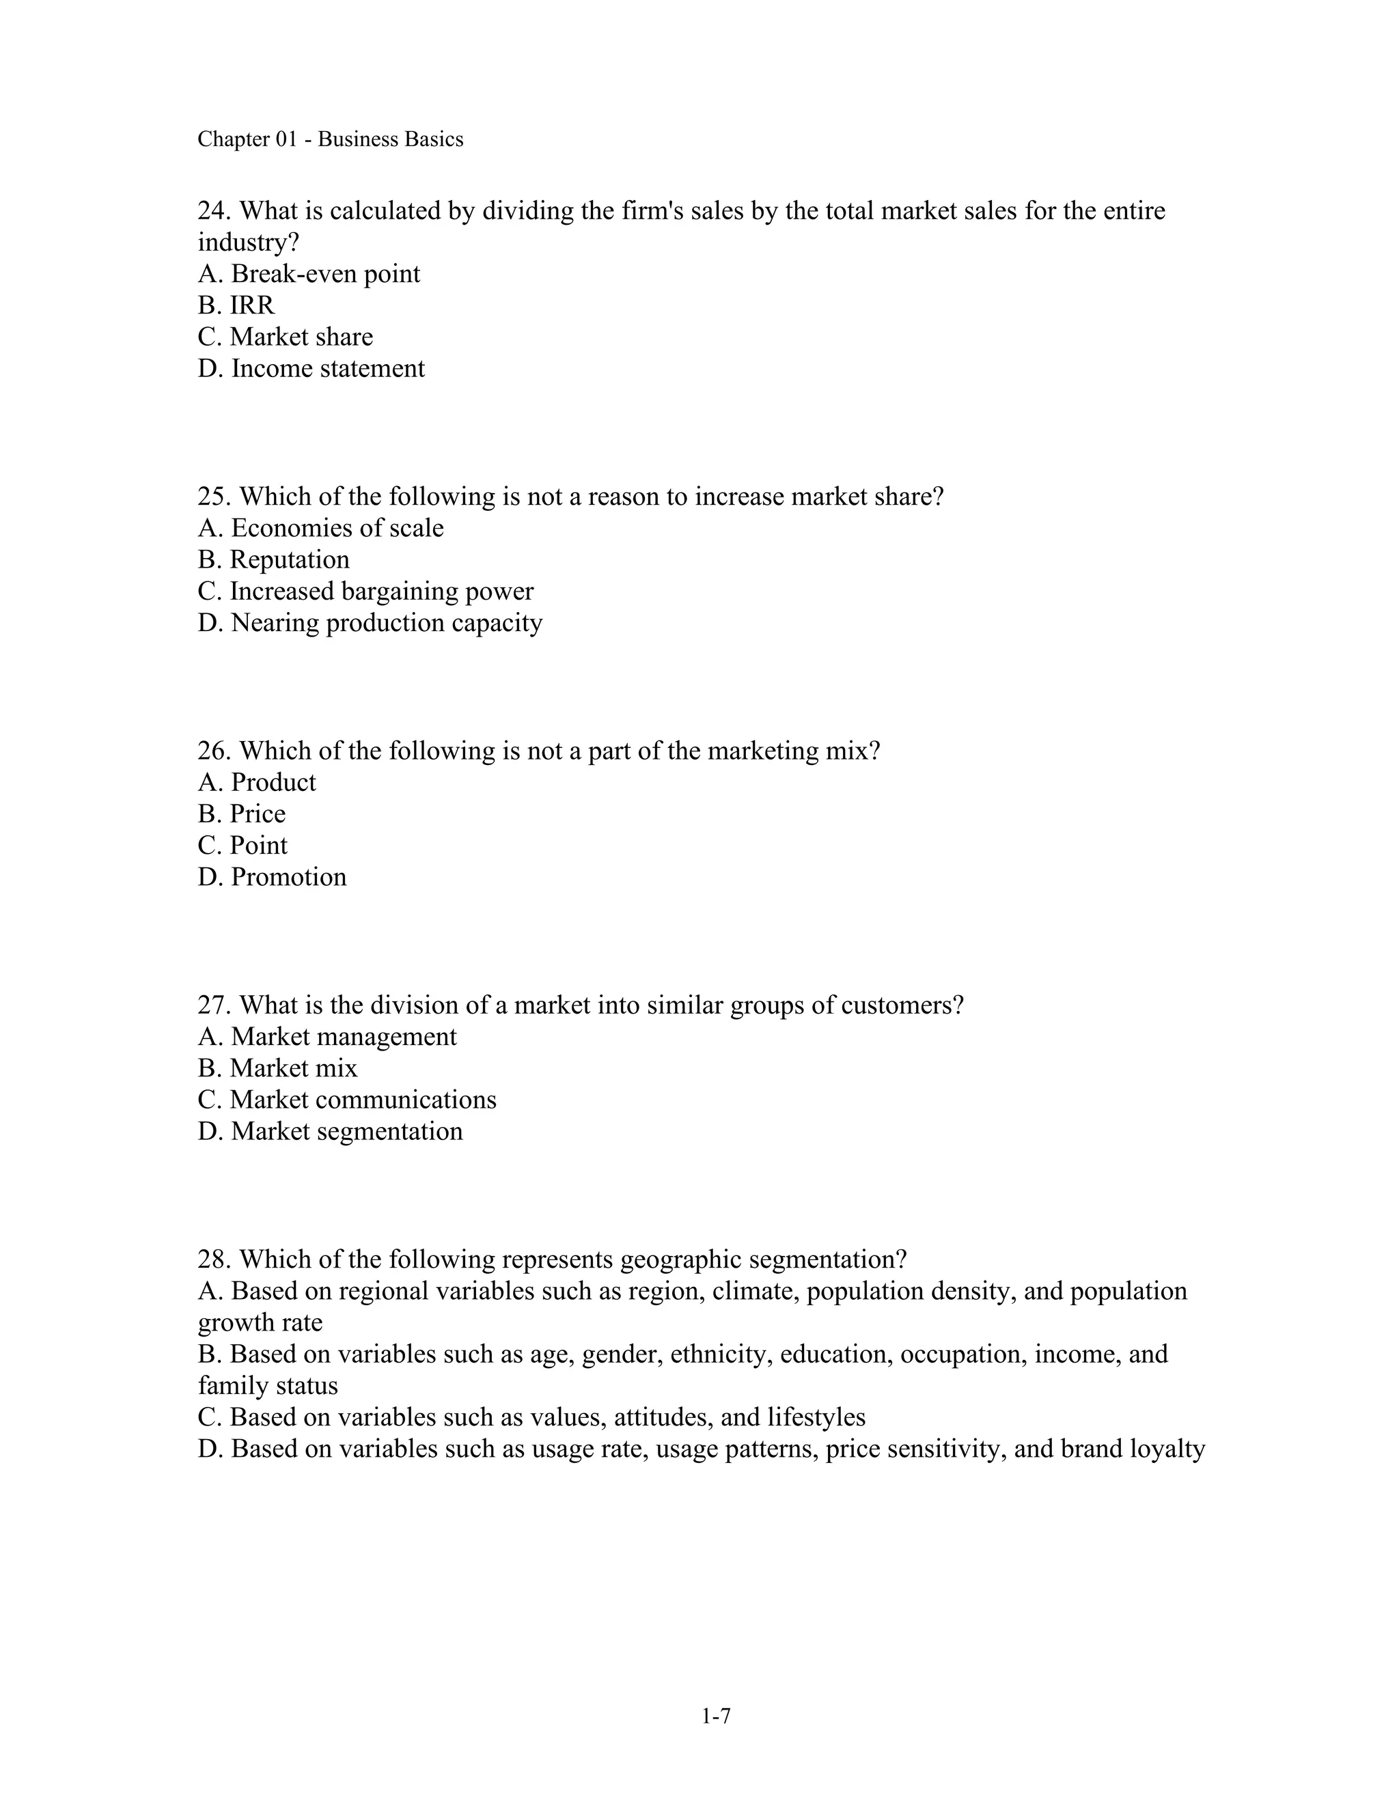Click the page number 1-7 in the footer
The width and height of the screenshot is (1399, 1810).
click(x=715, y=1716)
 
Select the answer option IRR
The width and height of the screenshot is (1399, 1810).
click(x=252, y=305)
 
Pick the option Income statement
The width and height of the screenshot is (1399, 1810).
click(x=327, y=368)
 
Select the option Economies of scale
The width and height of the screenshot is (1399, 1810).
click(x=337, y=528)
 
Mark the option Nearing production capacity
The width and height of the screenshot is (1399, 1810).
click(x=386, y=622)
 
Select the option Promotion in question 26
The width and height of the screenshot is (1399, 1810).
click(x=288, y=877)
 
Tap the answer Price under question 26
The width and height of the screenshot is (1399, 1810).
click(x=257, y=814)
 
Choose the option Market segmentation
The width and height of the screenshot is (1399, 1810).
click(x=346, y=1131)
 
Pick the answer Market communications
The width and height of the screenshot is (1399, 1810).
click(x=362, y=1100)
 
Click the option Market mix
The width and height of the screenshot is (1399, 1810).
click(x=293, y=1068)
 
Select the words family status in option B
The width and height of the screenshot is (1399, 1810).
click(x=268, y=1386)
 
